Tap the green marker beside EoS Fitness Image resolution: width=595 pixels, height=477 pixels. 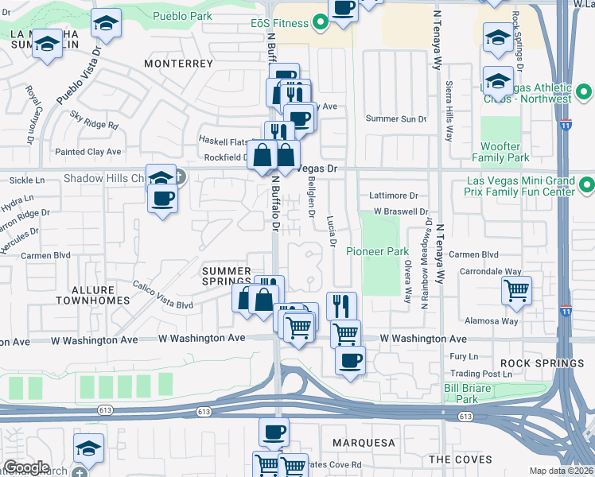[321, 23]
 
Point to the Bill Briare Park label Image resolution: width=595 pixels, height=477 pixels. [466, 393]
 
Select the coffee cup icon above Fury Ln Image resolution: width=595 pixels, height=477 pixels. [350, 360]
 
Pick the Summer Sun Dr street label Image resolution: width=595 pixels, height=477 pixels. [396, 118]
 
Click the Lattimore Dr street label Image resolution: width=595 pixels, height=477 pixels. [394, 195]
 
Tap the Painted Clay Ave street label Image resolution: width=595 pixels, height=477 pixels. [87, 151]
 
